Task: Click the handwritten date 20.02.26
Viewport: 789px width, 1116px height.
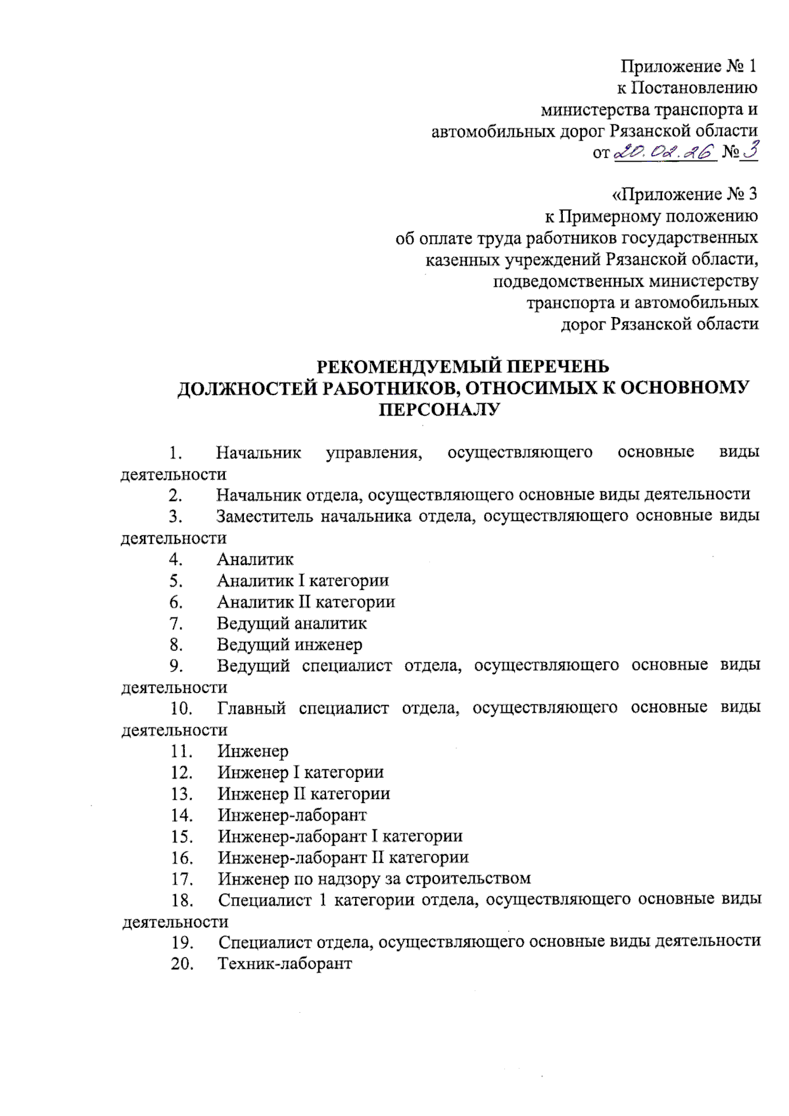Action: [664, 153]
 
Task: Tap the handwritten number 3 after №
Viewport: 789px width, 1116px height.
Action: [750, 151]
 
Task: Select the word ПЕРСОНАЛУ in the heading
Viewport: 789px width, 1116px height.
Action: [440, 410]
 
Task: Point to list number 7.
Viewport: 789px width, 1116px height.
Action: [176, 623]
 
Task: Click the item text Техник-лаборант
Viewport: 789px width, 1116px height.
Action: [285, 963]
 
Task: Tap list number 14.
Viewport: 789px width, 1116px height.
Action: [181, 815]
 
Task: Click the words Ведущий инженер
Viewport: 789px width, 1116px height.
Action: [289, 644]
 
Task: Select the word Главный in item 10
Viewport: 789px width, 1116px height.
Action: [251, 708]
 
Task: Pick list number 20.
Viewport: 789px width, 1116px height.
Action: [182, 963]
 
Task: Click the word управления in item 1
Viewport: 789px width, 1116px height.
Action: [374, 452]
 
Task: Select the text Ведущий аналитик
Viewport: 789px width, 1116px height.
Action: [292, 623]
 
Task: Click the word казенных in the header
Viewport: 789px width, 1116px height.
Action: [462, 260]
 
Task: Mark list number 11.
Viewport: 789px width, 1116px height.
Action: [181, 751]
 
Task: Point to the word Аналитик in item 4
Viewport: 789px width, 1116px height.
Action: [255, 559]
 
